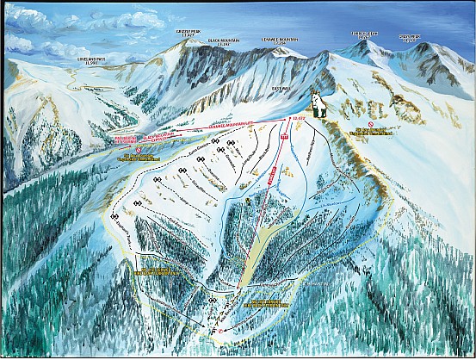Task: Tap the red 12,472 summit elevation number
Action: point(300,117)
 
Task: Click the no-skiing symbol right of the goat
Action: point(369,124)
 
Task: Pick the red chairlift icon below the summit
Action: point(283,137)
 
